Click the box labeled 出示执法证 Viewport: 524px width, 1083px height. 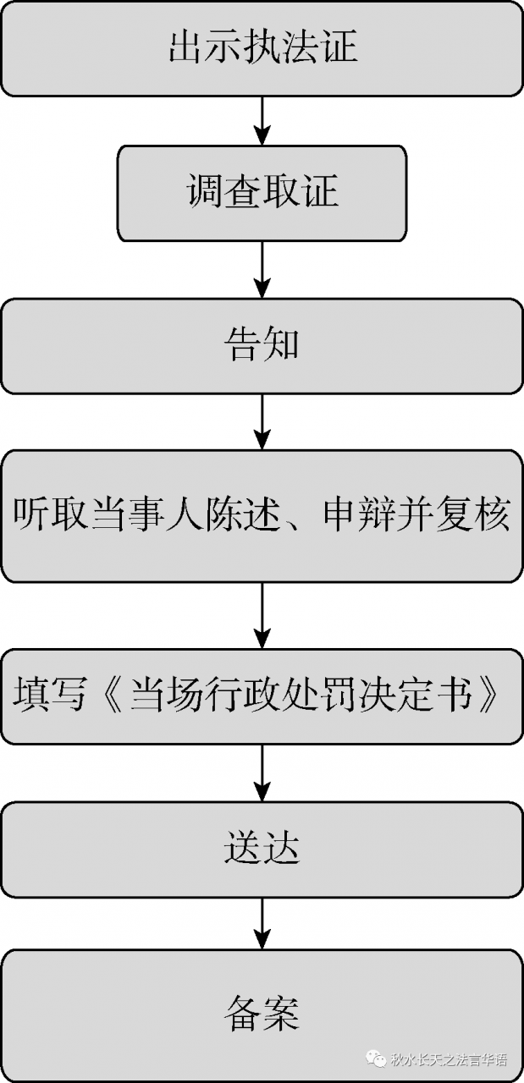[x=262, y=48]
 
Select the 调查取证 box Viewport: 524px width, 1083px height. [x=262, y=193]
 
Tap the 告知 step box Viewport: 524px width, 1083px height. [x=262, y=345]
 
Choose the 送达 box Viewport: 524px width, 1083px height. [x=262, y=849]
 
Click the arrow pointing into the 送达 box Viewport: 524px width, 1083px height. [x=262, y=772]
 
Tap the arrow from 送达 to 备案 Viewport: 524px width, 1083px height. [x=262, y=923]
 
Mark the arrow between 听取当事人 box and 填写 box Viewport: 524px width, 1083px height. [x=262, y=615]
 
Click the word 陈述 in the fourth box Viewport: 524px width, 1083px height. [x=232, y=515]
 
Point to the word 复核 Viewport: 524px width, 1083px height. [x=482, y=515]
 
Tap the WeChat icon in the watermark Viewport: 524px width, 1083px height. [x=374, y=1058]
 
